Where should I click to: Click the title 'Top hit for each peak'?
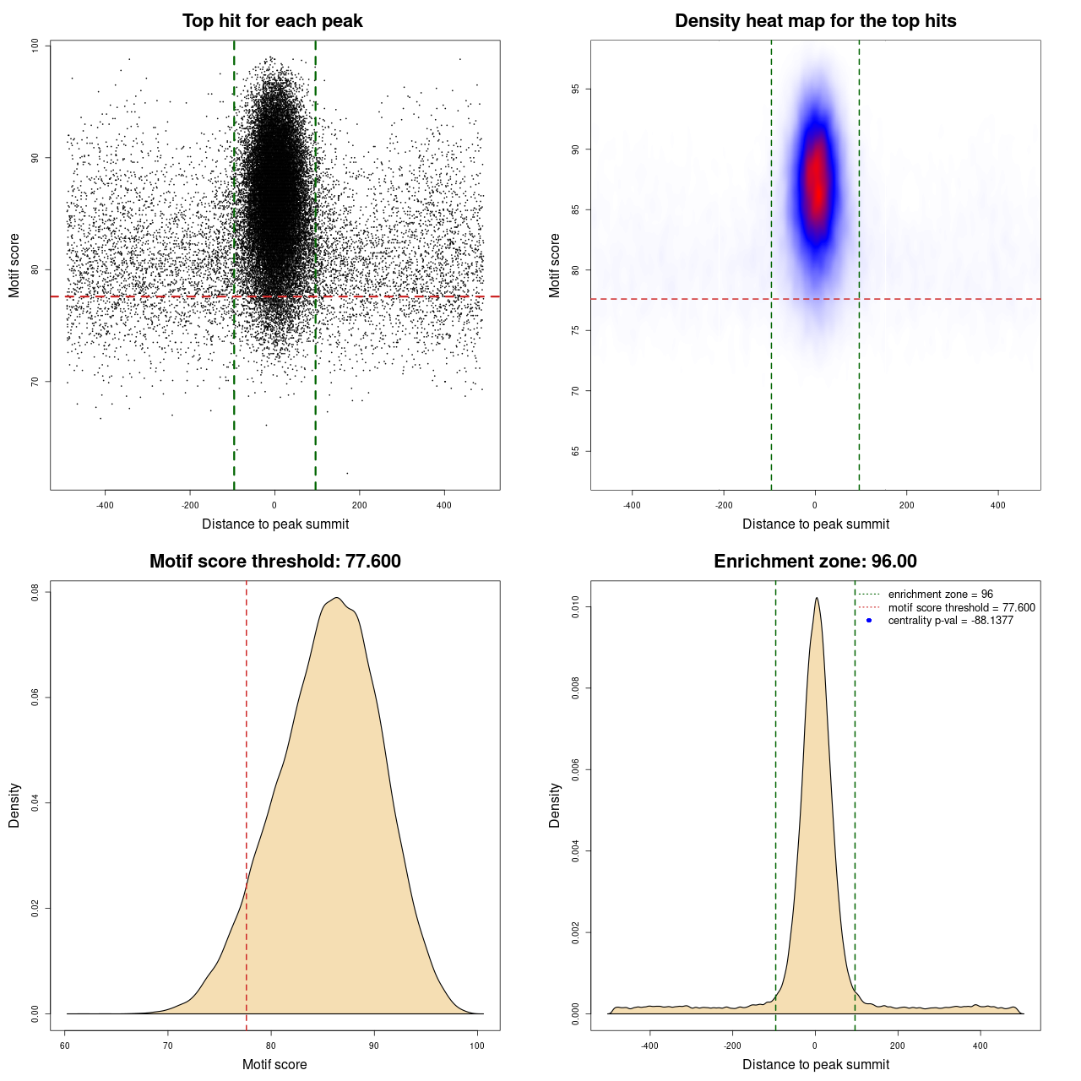click(272, 21)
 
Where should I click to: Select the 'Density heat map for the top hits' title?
click(815, 21)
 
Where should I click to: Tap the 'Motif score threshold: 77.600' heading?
click(274, 562)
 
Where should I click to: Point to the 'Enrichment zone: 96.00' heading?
click(815, 562)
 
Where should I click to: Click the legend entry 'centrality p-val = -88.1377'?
click(950, 621)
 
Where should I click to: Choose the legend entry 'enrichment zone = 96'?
click(940, 595)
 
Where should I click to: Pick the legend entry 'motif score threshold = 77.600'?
click(961, 607)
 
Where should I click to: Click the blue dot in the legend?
click(869, 621)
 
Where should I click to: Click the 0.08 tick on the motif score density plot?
click(35, 593)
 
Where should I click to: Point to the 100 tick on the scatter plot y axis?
click(35, 46)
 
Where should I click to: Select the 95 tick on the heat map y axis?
click(576, 89)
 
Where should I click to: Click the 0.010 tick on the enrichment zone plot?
click(576, 607)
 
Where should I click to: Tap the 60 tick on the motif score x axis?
click(65, 1046)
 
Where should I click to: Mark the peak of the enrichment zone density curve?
click(817, 598)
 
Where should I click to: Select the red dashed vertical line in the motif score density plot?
click(247, 802)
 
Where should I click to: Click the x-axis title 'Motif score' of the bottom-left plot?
click(274, 1064)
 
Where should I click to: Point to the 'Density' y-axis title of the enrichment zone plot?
click(555, 805)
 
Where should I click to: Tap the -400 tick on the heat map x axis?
click(632, 505)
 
